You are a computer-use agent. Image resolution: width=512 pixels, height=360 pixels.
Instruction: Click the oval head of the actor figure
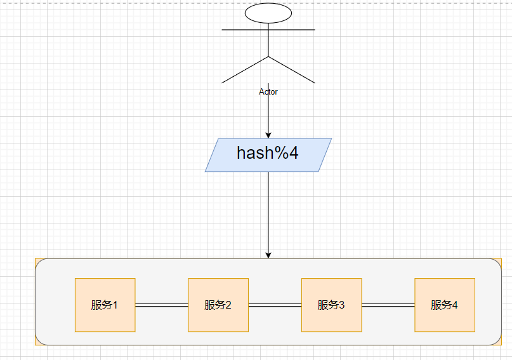268,13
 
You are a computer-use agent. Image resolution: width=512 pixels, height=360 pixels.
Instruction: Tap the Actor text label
268,92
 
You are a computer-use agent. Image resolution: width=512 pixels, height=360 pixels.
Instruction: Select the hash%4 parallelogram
268,155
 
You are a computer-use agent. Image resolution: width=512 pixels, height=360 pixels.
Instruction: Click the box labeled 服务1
105,305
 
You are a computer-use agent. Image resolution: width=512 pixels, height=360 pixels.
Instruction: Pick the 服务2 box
218,305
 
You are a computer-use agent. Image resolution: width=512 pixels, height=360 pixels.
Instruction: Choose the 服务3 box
331,305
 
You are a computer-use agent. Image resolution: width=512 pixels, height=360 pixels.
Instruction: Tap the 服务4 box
445,305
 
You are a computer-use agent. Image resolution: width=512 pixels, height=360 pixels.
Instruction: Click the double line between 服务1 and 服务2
162,305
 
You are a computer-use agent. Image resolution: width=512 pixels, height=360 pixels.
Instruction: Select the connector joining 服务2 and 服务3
275,305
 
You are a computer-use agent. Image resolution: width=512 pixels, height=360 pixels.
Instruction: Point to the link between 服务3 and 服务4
388,305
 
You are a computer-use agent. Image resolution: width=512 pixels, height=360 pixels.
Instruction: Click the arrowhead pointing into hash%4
268,135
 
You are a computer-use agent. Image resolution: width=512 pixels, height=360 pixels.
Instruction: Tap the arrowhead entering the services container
268,255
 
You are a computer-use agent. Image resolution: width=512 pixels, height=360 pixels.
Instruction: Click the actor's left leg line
245,70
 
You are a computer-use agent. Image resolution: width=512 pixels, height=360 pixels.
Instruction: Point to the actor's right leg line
292,70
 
